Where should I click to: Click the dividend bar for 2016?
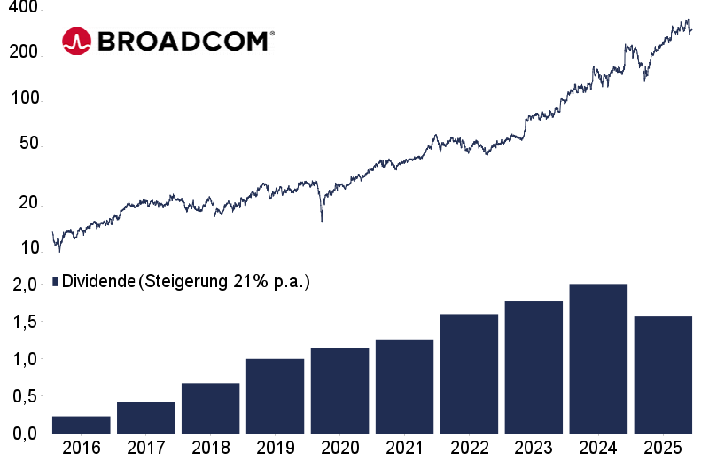(x=82, y=425)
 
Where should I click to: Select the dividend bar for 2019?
(x=275, y=396)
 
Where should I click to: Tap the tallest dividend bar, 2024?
(x=598, y=359)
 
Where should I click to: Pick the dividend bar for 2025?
(x=663, y=375)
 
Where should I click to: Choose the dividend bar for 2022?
(x=469, y=374)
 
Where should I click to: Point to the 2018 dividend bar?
(x=210, y=408)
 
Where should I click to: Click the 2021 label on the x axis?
(x=404, y=447)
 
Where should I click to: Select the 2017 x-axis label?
(x=145, y=447)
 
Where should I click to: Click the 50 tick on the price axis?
(x=27, y=144)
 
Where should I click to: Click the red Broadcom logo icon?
(x=76, y=40)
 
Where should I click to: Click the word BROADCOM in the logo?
(x=184, y=41)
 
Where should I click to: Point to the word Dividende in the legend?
(x=98, y=281)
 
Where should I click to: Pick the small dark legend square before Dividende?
(x=55, y=281)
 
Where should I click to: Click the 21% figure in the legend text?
(x=249, y=281)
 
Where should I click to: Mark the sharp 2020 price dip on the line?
(x=321, y=217)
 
